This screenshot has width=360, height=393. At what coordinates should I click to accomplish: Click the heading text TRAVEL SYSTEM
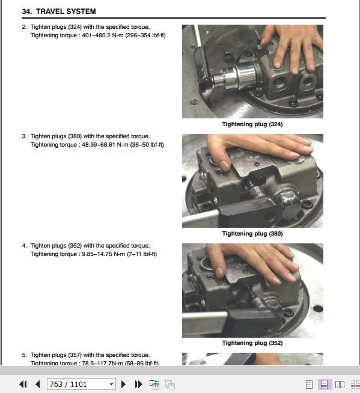point(66,11)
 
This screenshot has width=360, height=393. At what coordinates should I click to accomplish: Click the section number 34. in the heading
point(27,11)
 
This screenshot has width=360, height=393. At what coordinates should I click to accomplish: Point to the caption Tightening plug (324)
point(252,124)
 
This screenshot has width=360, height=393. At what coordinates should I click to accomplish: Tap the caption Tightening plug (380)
point(252,234)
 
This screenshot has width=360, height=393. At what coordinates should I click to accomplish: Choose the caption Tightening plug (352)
point(252,343)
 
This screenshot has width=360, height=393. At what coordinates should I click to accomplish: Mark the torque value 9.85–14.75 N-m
point(103,254)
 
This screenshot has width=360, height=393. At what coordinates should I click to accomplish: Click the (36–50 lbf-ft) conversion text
point(147,145)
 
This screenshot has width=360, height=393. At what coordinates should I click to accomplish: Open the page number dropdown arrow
point(111,385)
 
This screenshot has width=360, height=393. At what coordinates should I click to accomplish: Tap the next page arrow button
point(123,384)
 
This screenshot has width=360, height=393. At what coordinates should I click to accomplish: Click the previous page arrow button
point(38,384)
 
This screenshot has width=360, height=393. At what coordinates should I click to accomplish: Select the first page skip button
point(23,384)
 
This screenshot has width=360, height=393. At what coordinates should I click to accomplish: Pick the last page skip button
point(138,384)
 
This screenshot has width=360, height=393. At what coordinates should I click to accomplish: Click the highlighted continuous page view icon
point(325,385)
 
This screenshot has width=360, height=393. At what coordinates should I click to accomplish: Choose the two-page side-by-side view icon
point(340,385)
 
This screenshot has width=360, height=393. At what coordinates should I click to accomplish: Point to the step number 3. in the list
point(24,136)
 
